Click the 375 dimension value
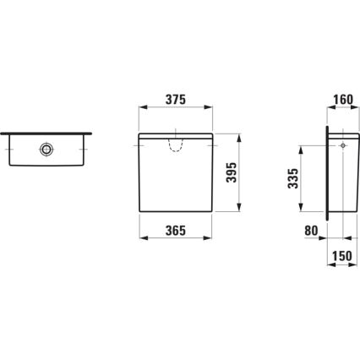click(175, 99)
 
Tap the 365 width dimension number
click(174, 229)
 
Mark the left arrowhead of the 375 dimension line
click(140, 109)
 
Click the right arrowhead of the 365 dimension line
click(210, 239)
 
